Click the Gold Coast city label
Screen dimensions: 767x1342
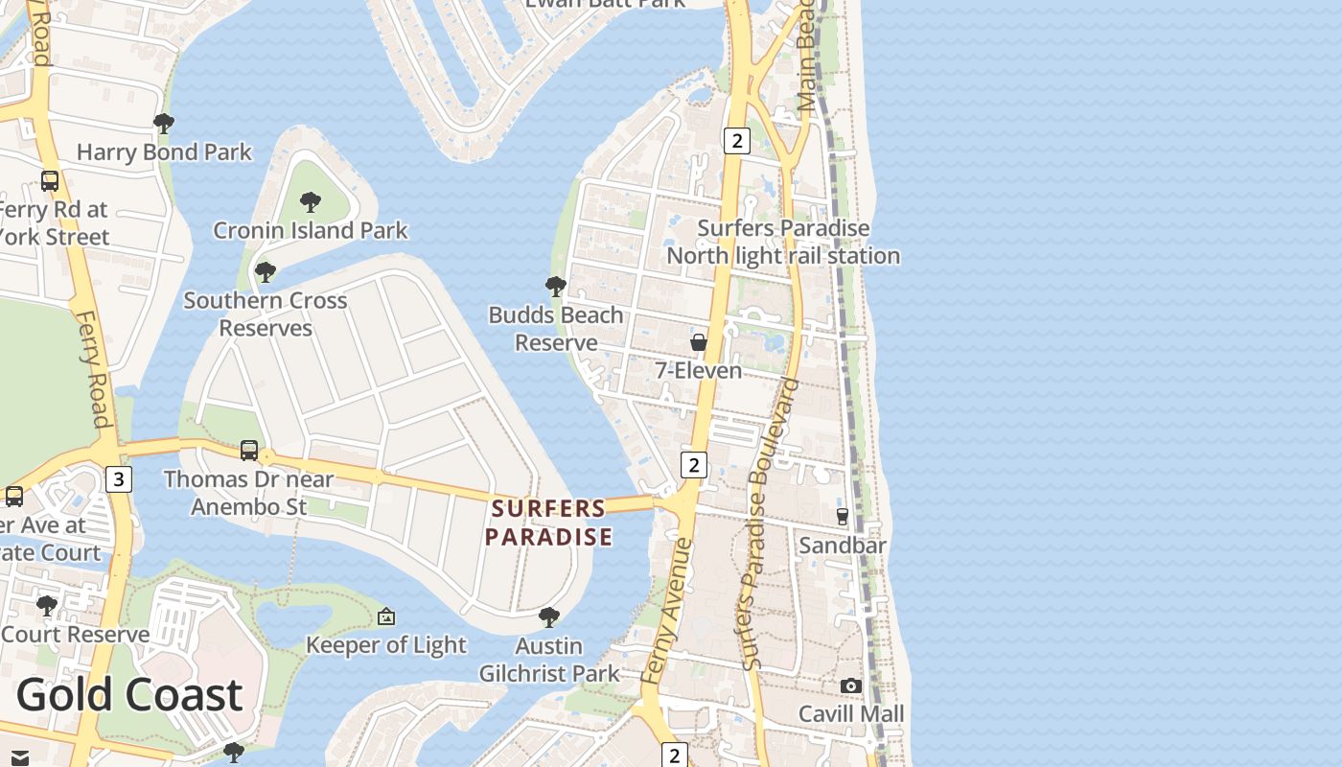[x=129, y=694]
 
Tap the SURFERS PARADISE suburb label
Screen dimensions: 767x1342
[x=548, y=523]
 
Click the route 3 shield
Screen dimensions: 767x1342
[x=118, y=478]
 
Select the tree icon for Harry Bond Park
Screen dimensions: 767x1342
[x=164, y=123]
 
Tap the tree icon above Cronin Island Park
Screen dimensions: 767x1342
[x=310, y=201]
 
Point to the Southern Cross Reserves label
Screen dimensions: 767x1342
[x=266, y=314]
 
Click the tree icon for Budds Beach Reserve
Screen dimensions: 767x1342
[x=555, y=286]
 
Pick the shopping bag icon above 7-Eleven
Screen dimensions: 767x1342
[x=699, y=342]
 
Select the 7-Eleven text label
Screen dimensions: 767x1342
[x=699, y=370]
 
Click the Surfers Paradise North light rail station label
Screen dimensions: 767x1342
[x=783, y=242]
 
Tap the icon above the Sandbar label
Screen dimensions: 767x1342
[x=843, y=516]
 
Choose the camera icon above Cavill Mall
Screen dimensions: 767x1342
[x=850, y=686]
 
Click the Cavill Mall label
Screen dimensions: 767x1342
[x=851, y=714]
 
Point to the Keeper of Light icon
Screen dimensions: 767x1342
[x=386, y=616]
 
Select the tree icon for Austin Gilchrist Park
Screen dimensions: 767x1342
[x=549, y=616]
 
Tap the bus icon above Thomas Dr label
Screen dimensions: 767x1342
[x=249, y=450]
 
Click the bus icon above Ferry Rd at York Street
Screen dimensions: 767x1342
[x=50, y=180]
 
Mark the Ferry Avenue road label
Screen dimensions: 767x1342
[x=667, y=611]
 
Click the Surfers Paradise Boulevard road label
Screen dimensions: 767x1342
[x=770, y=523]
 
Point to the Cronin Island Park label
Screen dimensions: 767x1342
[x=311, y=230]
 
